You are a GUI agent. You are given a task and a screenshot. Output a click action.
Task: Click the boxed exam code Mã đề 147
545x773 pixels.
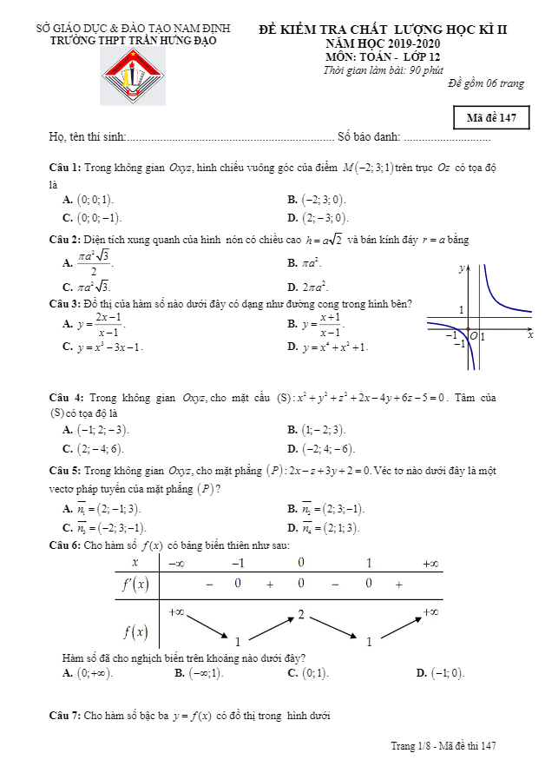490,118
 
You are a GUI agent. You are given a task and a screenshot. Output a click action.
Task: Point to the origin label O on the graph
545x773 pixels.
474,335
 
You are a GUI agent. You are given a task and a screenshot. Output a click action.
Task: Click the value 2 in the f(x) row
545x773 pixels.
301,615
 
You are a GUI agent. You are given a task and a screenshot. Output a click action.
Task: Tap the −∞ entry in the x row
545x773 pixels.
176,564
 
